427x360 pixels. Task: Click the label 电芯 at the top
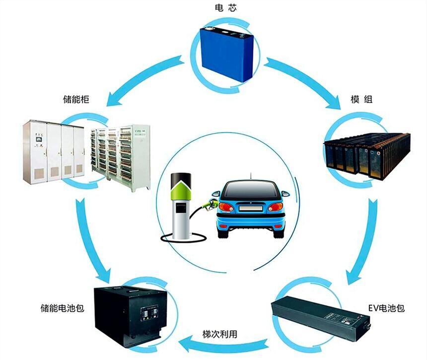click(x=225, y=8)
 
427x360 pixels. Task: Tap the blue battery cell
click(x=227, y=53)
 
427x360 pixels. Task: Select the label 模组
click(x=361, y=99)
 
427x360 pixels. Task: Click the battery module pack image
click(x=366, y=156)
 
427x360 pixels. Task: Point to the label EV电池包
click(x=386, y=308)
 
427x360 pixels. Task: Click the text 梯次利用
click(x=220, y=334)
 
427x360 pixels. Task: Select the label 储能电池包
click(x=62, y=308)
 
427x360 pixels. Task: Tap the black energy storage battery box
click(x=130, y=316)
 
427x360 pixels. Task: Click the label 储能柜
click(x=76, y=99)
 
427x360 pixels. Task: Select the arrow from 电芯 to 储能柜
click(x=144, y=79)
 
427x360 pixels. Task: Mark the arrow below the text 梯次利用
click(x=224, y=344)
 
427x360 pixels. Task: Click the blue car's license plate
click(x=251, y=209)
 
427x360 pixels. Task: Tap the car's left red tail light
click(x=226, y=208)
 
